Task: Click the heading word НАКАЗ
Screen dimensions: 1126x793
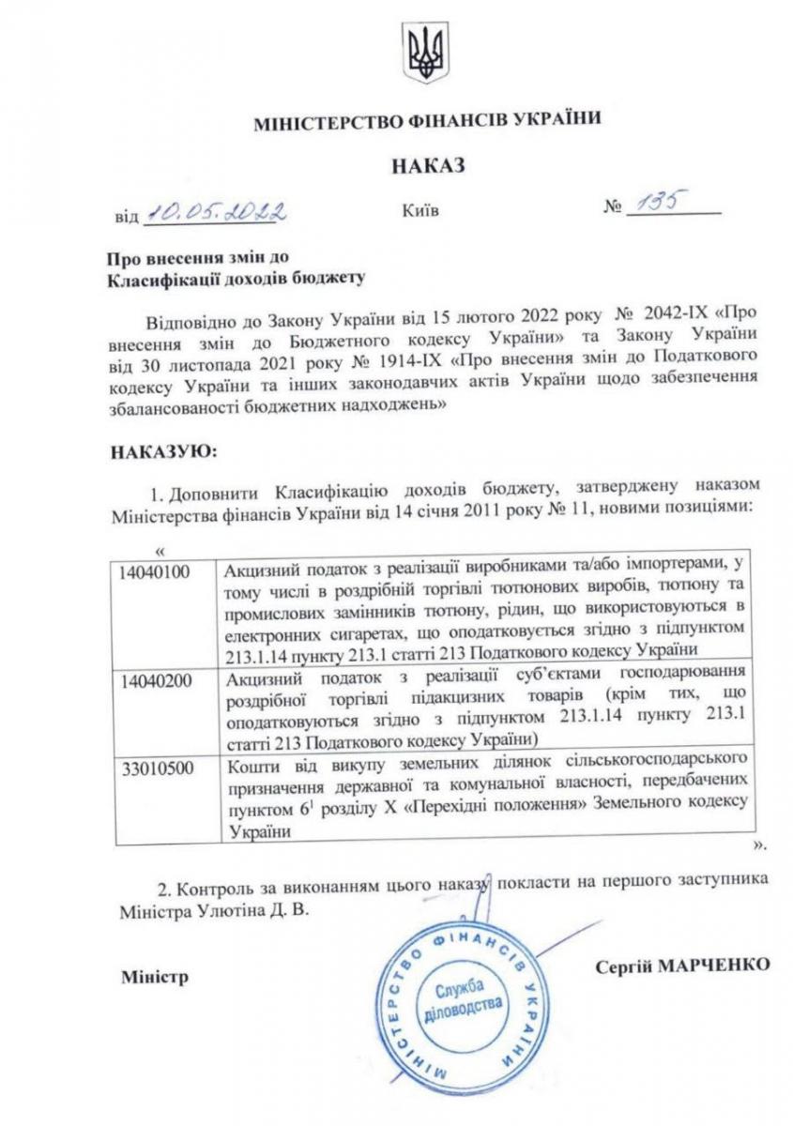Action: [x=428, y=166]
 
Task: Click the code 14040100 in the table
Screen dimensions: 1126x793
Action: [x=158, y=569]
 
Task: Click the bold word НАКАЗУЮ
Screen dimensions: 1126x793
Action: [x=164, y=451]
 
